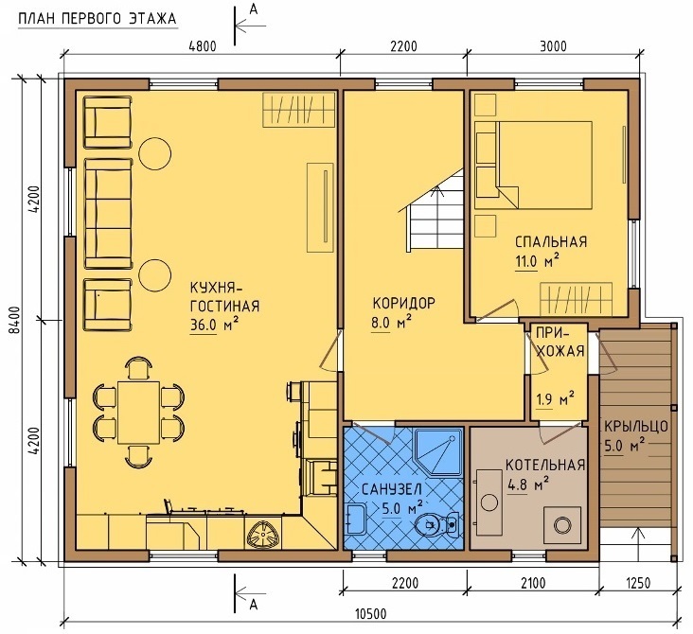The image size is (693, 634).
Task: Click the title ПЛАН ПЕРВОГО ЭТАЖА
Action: click(x=98, y=19)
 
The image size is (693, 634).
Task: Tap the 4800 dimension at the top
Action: click(x=203, y=46)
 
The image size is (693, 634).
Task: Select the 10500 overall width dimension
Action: click(x=371, y=614)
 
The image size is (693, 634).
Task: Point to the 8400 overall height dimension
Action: click(x=15, y=319)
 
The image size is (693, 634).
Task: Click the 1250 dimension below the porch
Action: click(x=638, y=583)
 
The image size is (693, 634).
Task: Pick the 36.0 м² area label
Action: click(x=215, y=325)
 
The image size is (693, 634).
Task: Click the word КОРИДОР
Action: click(x=404, y=303)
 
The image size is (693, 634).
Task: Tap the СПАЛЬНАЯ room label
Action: click(x=551, y=241)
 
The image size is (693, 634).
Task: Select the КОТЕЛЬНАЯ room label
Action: click(x=545, y=465)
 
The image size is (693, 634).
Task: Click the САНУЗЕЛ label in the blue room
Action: click(x=392, y=489)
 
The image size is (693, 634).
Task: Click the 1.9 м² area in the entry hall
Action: click(x=555, y=399)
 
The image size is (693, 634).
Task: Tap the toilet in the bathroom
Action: click(x=437, y=524)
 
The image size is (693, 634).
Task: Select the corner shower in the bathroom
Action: click(x=437, y=451)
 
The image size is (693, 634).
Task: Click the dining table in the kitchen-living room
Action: click(x=139, y=413)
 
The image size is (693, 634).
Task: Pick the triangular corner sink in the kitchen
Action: click(x=263, y=533)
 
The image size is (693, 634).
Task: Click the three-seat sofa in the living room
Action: click(x=108, y=214)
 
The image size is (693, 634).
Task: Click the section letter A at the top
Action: click(x=253, y=9)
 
